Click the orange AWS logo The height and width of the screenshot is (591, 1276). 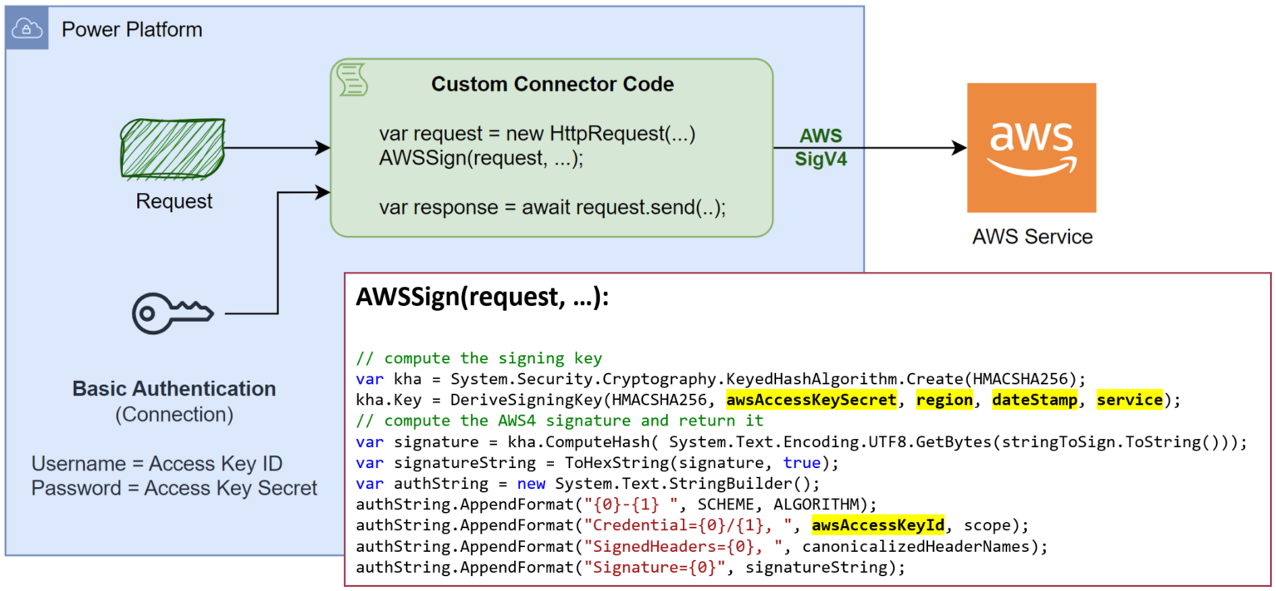coord(1031,147)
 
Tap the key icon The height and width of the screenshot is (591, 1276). coord(173,313)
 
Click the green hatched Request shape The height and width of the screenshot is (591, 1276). coord(174,149)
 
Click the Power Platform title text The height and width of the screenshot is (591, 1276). coord(131,31)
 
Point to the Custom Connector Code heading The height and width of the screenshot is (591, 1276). coord(552,84)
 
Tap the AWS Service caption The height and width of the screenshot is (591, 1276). coord(1032,237)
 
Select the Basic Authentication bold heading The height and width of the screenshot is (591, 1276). coord(174,388)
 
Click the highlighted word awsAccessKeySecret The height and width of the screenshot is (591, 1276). coord(812,400)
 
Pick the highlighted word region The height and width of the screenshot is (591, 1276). coord(945,400)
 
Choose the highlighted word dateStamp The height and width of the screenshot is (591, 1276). coord(1035,400)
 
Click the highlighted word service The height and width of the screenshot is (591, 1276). coord(1129,400)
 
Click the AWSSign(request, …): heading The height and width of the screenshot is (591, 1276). coord(482,298)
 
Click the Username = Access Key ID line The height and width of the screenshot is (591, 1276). coord(157,464)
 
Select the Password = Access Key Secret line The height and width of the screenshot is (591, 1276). coord(174,488)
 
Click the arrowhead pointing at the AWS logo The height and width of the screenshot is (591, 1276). coord(959,148)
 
